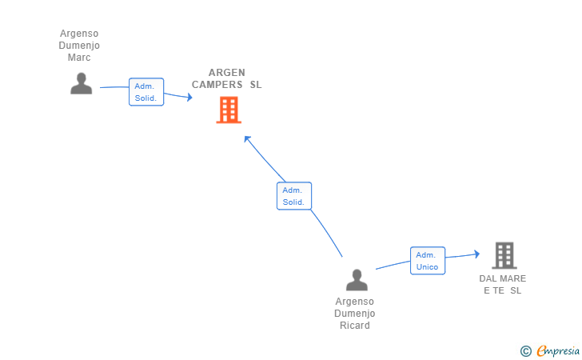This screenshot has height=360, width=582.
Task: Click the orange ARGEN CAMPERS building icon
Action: pos(229,110)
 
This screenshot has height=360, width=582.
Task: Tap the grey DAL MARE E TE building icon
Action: pos(504,255)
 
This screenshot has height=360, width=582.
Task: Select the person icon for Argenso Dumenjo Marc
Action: pos(81,83)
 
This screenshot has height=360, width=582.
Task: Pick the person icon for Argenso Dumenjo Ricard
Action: pos(357,279)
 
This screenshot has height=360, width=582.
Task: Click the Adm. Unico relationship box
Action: pos(428,261)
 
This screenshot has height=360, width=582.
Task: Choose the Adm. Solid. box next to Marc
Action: pos(146,92)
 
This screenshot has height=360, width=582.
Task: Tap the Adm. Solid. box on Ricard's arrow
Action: pos(293,196)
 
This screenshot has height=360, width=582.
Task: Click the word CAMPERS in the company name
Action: pos(217,85)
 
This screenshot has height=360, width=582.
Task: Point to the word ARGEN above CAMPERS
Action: pos(227,72)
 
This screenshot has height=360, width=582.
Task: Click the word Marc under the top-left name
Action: pos(79,58)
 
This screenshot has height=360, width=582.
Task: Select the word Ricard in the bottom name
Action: pos(354,326)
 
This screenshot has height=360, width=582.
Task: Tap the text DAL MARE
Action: pos(503,278)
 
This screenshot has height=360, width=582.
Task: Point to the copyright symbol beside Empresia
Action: pos(526,350)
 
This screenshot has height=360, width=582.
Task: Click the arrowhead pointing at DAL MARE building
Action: pos(476,254)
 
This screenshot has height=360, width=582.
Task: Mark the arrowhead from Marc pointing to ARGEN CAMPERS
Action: pos(189,98)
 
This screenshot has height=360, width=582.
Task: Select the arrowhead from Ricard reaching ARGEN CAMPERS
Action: pos(247,138)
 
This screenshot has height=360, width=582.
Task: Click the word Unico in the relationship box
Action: pos(428,267)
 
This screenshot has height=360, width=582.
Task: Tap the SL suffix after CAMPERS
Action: pos(255,85)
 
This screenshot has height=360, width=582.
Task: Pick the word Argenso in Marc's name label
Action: pos(79,34)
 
